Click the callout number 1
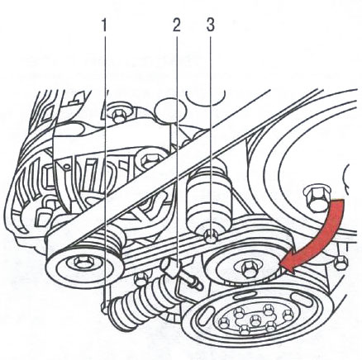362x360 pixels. [x=104, y=26]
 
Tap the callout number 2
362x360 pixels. [x=176, y=26]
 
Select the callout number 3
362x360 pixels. [x=210, y=26]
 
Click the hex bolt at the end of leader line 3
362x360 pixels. [x=211, y=236]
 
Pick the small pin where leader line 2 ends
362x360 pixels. [x=171, y=268]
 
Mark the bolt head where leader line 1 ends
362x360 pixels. [x=104, y=307]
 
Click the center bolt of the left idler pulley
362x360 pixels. [x=81, y=262]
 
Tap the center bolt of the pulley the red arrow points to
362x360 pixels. [x=249, y=268]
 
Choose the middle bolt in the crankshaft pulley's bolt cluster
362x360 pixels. [x=255, y=320]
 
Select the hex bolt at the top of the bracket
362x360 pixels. [x=119, y=116]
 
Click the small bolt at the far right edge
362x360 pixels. [x=341, y=263]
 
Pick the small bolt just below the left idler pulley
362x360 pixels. [x=141, y=279]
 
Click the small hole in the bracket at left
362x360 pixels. [x=66, y=167]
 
